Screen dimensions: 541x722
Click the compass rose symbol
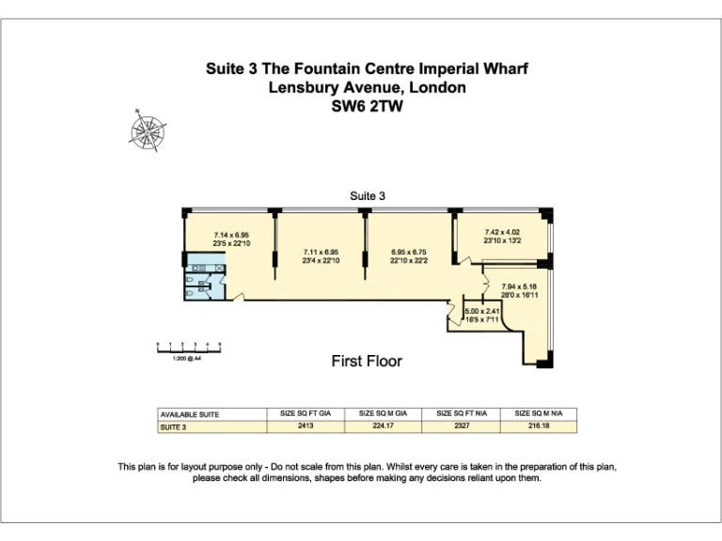(148, 131)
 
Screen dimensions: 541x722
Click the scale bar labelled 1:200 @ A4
(188, 349)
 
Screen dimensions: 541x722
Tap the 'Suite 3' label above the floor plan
(368, 196)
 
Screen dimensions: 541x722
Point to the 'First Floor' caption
(367, 361)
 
